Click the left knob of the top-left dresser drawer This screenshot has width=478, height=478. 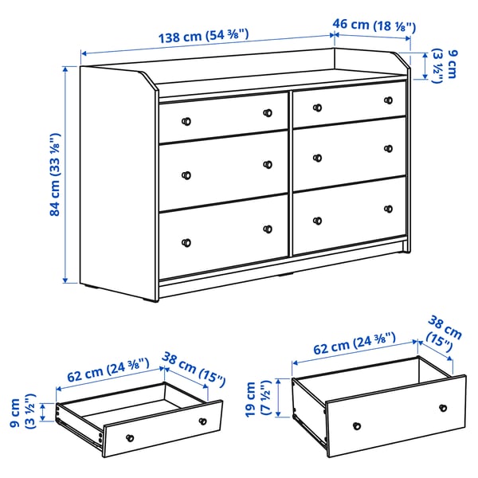[187, 121]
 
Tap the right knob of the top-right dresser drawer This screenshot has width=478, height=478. [389, 100]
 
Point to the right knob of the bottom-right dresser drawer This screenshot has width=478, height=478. [389, 209]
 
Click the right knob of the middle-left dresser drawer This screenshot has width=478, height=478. [268, 164]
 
